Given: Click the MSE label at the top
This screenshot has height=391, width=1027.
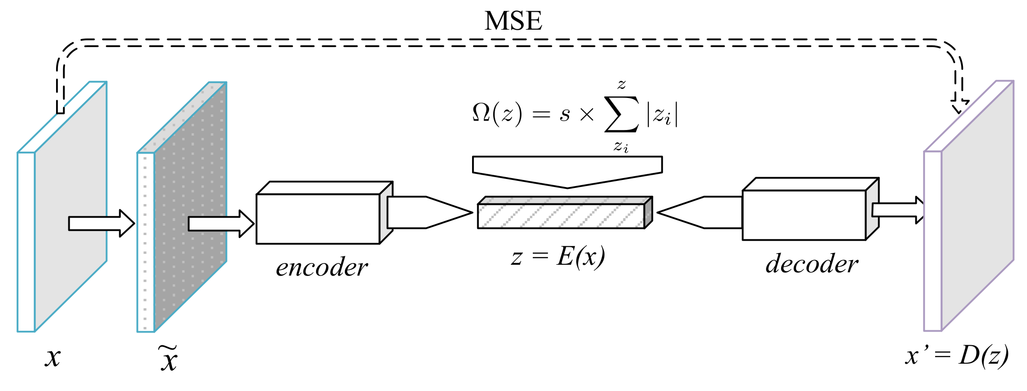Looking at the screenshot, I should (513, 21).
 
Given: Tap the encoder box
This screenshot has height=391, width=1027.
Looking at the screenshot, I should (318, 219).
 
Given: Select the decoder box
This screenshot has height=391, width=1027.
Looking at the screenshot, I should (804, 215).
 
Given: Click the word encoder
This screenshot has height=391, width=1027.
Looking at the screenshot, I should (321, 268).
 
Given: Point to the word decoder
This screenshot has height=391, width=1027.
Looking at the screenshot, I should (811, 264).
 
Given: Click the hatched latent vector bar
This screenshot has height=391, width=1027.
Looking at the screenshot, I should (561, 216).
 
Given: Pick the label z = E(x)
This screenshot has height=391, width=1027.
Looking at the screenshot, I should (558, 257).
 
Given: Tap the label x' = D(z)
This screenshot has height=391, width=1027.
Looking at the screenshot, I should (956, 356).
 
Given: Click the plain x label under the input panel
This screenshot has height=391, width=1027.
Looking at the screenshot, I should (53, 357).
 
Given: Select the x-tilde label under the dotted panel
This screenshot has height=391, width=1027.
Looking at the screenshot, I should (168, 359).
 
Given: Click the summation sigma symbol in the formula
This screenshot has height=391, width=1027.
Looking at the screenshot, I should (622, 114).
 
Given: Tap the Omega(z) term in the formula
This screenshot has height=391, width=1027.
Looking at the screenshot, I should (497, 114).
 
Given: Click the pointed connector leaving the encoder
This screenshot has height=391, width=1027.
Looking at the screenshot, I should (426, 212).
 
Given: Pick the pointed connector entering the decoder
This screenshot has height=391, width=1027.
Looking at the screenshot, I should (702, 212).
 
